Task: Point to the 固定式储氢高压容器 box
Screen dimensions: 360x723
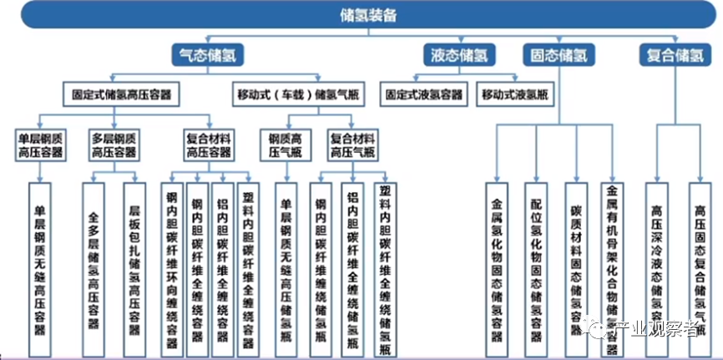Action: [x=121, y=94]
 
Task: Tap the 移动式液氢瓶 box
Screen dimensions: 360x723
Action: [x=515, y=94]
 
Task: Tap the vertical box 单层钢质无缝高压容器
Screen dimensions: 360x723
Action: [x=38, y=259]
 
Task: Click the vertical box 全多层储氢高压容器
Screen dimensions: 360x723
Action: [x=94, y=259]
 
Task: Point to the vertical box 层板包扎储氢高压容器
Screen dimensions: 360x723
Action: [x=133, y=259]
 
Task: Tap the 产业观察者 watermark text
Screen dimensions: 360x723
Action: [x=657, y=331]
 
